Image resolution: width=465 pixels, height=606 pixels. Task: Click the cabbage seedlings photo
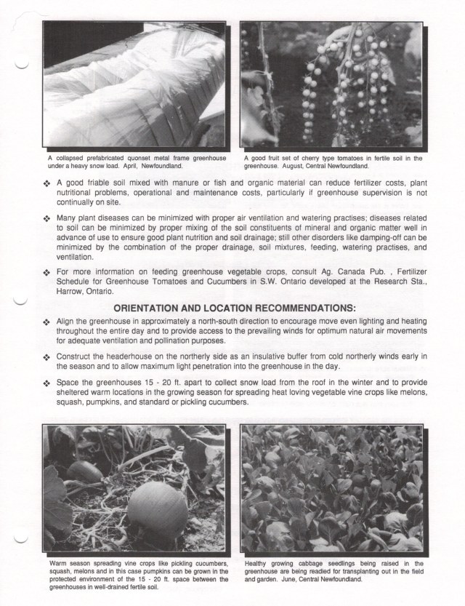point(331,489)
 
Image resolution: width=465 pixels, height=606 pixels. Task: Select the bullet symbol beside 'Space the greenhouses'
point(47,383)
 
